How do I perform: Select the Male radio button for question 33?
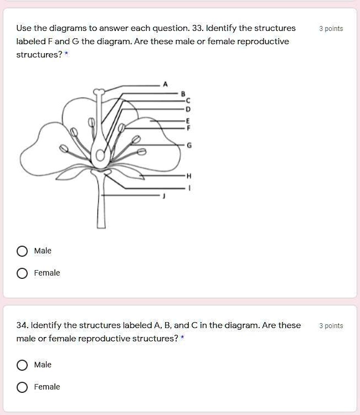22,251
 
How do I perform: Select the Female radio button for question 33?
22,273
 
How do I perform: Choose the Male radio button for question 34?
22,365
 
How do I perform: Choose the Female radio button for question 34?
22,387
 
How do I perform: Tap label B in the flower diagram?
183,94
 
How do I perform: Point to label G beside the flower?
190,146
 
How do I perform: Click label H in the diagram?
189,176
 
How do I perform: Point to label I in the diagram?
189,188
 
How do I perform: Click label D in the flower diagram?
188,109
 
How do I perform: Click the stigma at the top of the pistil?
99,92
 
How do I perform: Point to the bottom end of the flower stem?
101,225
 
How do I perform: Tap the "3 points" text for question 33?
331,29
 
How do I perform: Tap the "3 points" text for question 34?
331,326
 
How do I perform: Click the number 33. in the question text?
198,28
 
